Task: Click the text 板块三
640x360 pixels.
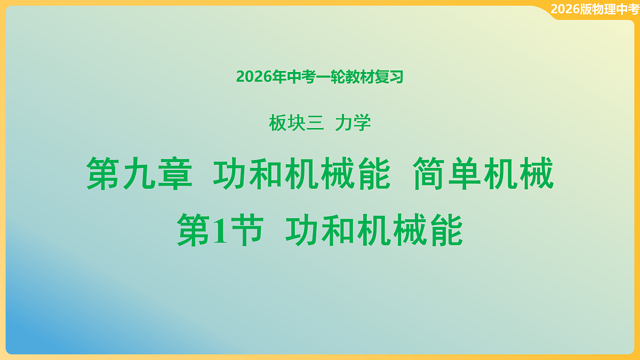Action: pyautogui.click(x=296, y=124)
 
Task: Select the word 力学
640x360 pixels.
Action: pyautogui.click(x=353, y=124)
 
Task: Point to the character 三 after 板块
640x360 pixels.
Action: pyautogui.click(x=315, y=124)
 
